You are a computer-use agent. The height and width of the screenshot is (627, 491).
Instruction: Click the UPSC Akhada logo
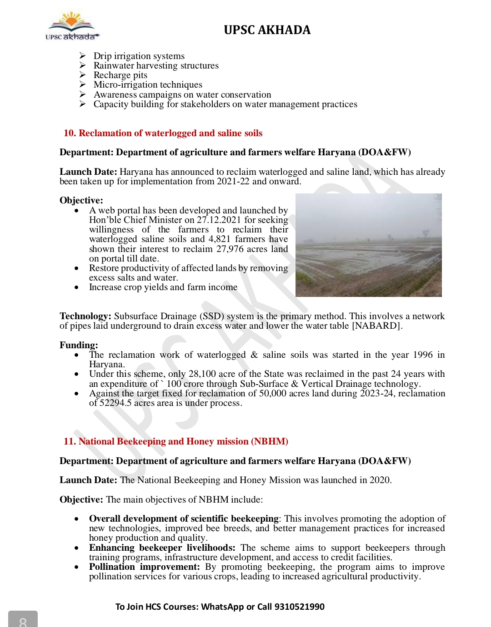tap(72, 26)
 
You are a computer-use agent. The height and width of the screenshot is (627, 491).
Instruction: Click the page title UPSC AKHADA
tap(267, 30)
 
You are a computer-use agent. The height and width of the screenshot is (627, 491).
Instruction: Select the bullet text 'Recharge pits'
tap(120, 75)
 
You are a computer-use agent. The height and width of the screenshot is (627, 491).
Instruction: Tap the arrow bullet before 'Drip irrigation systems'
tap(83, 56)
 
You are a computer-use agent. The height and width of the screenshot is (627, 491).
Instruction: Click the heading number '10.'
tap(70, 133)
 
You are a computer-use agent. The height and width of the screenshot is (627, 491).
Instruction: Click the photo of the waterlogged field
tap(368, 245)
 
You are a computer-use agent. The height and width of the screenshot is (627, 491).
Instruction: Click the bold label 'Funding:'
tap(79, 345)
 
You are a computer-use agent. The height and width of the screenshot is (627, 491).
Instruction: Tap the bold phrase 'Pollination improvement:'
tap(144, 567)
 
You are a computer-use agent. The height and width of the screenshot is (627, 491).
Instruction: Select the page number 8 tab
tap(23, 620)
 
